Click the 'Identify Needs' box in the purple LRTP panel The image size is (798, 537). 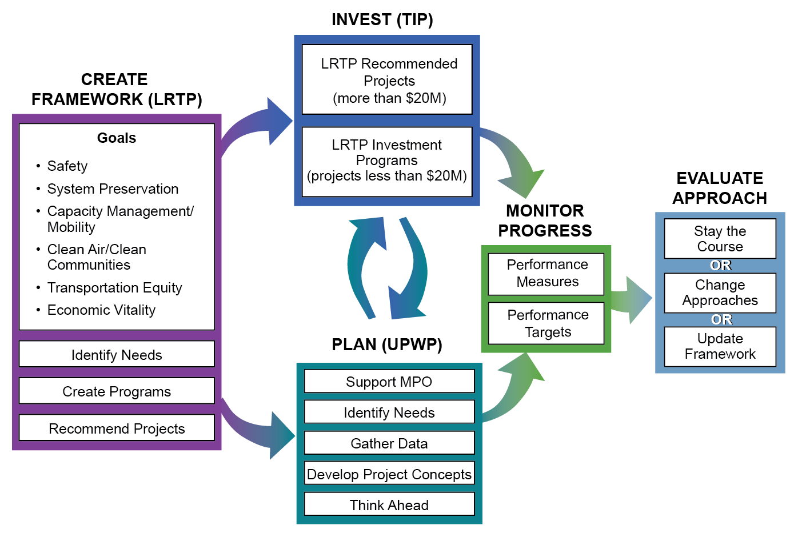(x=117, y=355)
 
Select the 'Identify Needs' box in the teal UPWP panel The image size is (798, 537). (x=389, y=412)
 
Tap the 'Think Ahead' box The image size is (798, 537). (x=389, y=504)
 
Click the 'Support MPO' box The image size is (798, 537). (x=389, y=381)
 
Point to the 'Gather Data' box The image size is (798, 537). (x=389, y=443)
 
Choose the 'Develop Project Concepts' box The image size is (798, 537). (x=389, y=474)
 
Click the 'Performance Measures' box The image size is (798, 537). (x=546, y=274)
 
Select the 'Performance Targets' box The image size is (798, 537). (x=546, y=323)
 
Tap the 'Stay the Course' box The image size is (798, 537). (x=720, y=239)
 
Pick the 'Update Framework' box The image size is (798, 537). (x=720, y=346)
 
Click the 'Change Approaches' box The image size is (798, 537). (x=720, y=292)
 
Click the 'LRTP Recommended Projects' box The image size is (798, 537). (x=388, y=80)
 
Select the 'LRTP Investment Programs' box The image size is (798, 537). (x=388, y=161)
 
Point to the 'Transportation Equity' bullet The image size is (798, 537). (x=114, y=288)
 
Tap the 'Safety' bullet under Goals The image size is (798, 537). (x=67, y=166)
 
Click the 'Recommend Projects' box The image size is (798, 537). (x=117, y=428)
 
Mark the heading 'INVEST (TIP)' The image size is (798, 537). (x=382, y=19)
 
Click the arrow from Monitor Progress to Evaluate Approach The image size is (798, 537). (x=632, y=299)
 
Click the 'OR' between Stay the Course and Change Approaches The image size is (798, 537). (x=720, y=266)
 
